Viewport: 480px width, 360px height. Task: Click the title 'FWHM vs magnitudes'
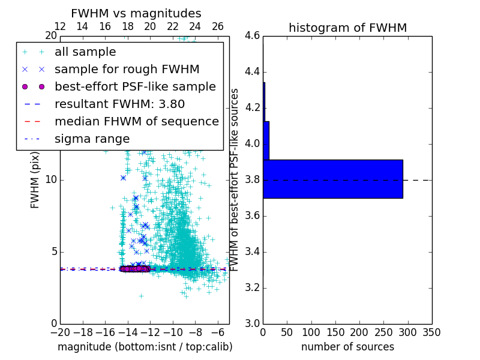tap(136, 13)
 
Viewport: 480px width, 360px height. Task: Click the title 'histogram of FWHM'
tap(347, 28)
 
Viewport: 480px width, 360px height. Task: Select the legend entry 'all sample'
tap(85, 52)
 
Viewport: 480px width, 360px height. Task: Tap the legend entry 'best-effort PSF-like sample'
tap(135, 86)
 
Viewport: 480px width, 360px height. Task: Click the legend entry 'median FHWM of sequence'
tap(137, 121)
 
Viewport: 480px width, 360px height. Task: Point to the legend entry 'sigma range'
tap(92, 139)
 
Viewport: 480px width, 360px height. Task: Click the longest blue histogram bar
tap(332, 179)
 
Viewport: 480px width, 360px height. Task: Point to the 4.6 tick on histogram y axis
tap(252, 36)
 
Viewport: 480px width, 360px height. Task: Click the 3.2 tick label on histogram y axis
tap(252, 287)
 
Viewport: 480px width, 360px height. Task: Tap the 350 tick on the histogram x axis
tap(431, 332)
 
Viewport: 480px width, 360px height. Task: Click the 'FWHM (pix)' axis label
tap(35, 180)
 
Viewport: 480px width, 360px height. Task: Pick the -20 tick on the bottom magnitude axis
tap(60, 332)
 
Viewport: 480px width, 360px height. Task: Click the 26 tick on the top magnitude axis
tap(218, 26)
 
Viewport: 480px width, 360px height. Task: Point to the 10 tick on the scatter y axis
tap(51, 180)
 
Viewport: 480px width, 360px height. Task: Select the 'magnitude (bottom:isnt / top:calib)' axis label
tap(145, 347)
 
